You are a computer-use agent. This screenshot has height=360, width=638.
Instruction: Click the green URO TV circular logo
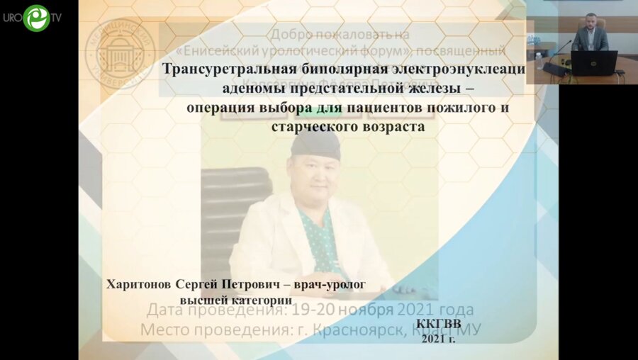(35, 18)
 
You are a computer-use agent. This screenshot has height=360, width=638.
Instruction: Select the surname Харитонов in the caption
(142, 284)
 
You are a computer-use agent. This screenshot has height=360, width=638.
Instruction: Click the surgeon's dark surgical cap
(315, 146)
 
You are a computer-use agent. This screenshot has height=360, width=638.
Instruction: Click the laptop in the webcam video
(593, 62)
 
